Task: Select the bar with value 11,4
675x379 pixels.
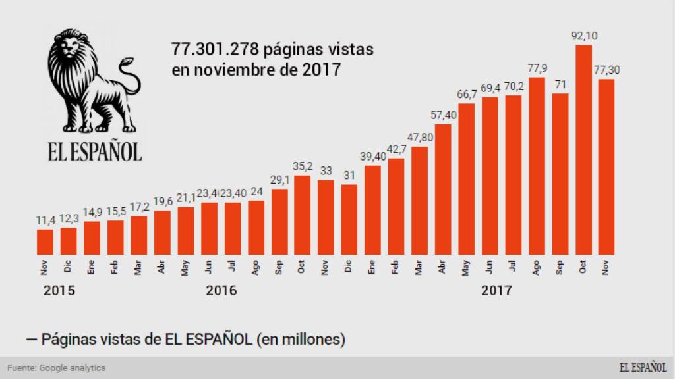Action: pyautogui.click(x=45, y=241)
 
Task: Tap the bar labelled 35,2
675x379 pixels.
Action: pyautogui.click(x=303, y=215)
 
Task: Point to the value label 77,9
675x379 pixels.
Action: pyautogui.click(x=537, y=68)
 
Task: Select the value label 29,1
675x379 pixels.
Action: pyautogui.click(x=279, y=180)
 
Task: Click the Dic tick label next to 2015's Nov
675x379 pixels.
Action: pyautogui.click(x=68, y=267)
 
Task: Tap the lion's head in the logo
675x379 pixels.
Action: pyautogui.click(x=71, y=56)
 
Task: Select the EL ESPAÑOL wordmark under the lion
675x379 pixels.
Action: pyautogui.click(x=94, y=151)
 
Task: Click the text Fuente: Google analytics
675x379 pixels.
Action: pyautogui.click(x=57, y=368)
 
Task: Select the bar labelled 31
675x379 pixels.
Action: pyautogui.click(x=349, y=219)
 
